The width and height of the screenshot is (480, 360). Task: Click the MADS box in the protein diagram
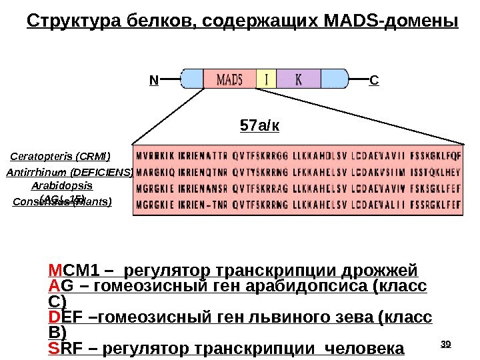(230, 79)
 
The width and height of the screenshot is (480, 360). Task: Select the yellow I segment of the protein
(267, 79)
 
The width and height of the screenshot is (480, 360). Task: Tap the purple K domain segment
(298, 79)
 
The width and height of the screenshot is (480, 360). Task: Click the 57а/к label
(259, 125)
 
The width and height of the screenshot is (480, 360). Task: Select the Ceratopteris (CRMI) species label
(61, 157)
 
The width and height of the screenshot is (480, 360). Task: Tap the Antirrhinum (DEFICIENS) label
(70, 172)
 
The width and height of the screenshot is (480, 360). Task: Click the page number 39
(447, 344)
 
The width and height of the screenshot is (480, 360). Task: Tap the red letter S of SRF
(53, 349)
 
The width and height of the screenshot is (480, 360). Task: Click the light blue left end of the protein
(192, 79)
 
